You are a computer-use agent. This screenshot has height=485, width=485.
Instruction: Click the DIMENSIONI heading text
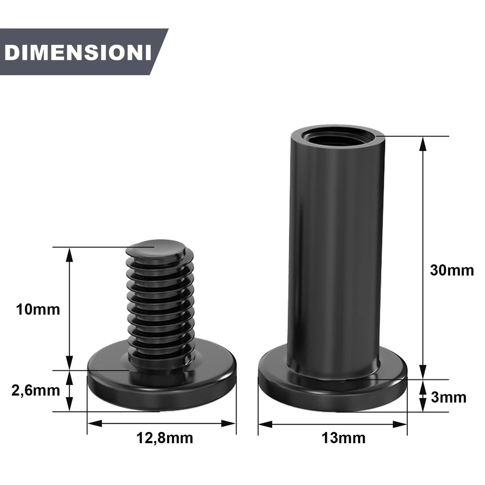pyautogui.click(x=78, y=53)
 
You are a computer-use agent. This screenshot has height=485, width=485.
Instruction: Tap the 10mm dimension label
pyautogui.click(x=37, y=309)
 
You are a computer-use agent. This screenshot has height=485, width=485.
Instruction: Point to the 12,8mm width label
pyautogui.click(x=165, y=438)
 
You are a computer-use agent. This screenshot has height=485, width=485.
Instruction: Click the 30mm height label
pyautogui.click(x=452, y=270)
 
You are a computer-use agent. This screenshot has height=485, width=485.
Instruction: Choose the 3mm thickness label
pyautogui.click(x=449, y=397)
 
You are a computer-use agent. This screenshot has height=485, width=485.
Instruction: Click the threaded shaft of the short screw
pyautogui.click(x=161, y=303)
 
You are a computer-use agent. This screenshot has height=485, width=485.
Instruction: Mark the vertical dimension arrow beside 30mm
pyautogui.click(x=423, y=258)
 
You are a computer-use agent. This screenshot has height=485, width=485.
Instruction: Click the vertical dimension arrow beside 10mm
pyautogui.click(x=70, y=308)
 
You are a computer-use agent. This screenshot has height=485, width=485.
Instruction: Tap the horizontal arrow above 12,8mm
pyautogui.click(x=162, y=423)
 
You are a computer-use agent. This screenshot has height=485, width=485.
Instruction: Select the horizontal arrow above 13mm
pyautogui.click(x=332, y=424)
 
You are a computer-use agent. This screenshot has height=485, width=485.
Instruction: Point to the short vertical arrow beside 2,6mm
pyautogui.click(x=70, y=390)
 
